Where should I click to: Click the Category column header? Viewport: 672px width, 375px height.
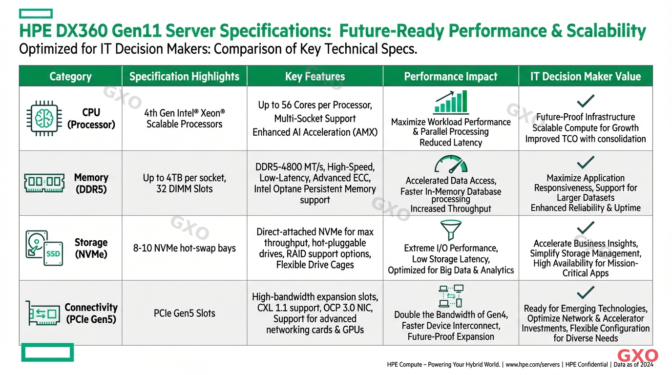pos(70,77)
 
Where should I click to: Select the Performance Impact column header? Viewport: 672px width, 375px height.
pos(450,77)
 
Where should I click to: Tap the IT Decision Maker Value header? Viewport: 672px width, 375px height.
pos(585,77)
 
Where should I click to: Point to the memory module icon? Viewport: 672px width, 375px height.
pos(44,183)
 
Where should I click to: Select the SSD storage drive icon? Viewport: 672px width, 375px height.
pos(43,248)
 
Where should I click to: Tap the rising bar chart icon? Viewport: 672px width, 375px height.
pos(451,103)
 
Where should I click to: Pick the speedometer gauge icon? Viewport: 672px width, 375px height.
pos(451,165)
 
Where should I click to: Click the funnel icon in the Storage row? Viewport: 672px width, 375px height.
pos(450,230)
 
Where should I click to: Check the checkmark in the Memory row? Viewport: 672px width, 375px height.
pos(585,162)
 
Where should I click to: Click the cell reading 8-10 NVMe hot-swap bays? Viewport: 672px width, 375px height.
pos(185,248)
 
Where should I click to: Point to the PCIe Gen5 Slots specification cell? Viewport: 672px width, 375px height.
pos(185,313)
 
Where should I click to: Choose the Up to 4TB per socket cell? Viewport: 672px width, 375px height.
pos(185,183)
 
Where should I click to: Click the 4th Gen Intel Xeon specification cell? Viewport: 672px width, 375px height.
pos(185,119)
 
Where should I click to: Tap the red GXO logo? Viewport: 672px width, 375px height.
pos(637,356)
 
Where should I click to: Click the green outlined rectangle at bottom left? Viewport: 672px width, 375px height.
pos(47,352)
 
